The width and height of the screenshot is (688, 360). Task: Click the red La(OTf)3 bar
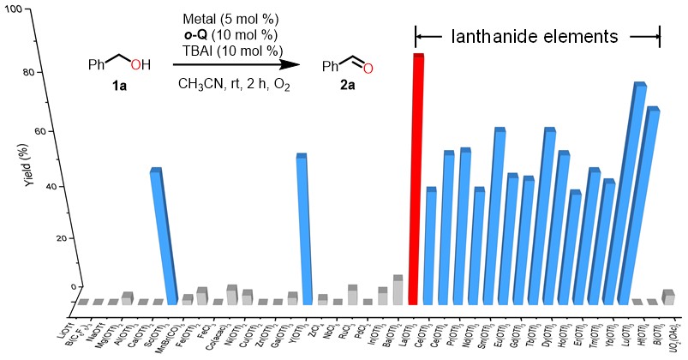click(417, 180)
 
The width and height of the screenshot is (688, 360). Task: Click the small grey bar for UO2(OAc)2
click(668, 297)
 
